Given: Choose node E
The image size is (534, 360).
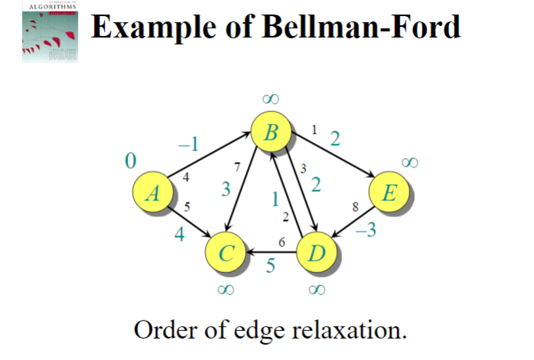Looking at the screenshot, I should [389, 194].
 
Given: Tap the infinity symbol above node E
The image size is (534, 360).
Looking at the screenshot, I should [410, 162].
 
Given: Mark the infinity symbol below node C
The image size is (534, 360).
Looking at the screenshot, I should [225, 290].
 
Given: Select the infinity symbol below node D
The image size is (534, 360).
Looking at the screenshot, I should [317, 290].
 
